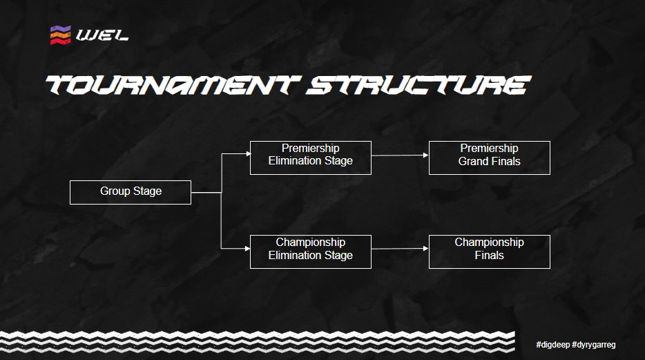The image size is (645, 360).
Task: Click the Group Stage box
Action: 130,192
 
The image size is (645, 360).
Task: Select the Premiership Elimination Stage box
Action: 310,155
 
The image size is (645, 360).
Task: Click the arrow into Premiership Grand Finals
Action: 400,155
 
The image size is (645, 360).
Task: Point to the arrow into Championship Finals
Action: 400,249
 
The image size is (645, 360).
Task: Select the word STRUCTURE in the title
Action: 418,86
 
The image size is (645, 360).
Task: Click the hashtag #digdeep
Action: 552,344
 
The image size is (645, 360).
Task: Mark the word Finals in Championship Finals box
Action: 489,256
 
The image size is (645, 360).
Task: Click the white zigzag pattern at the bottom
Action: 262,341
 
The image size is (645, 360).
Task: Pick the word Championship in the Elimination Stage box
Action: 310,243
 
